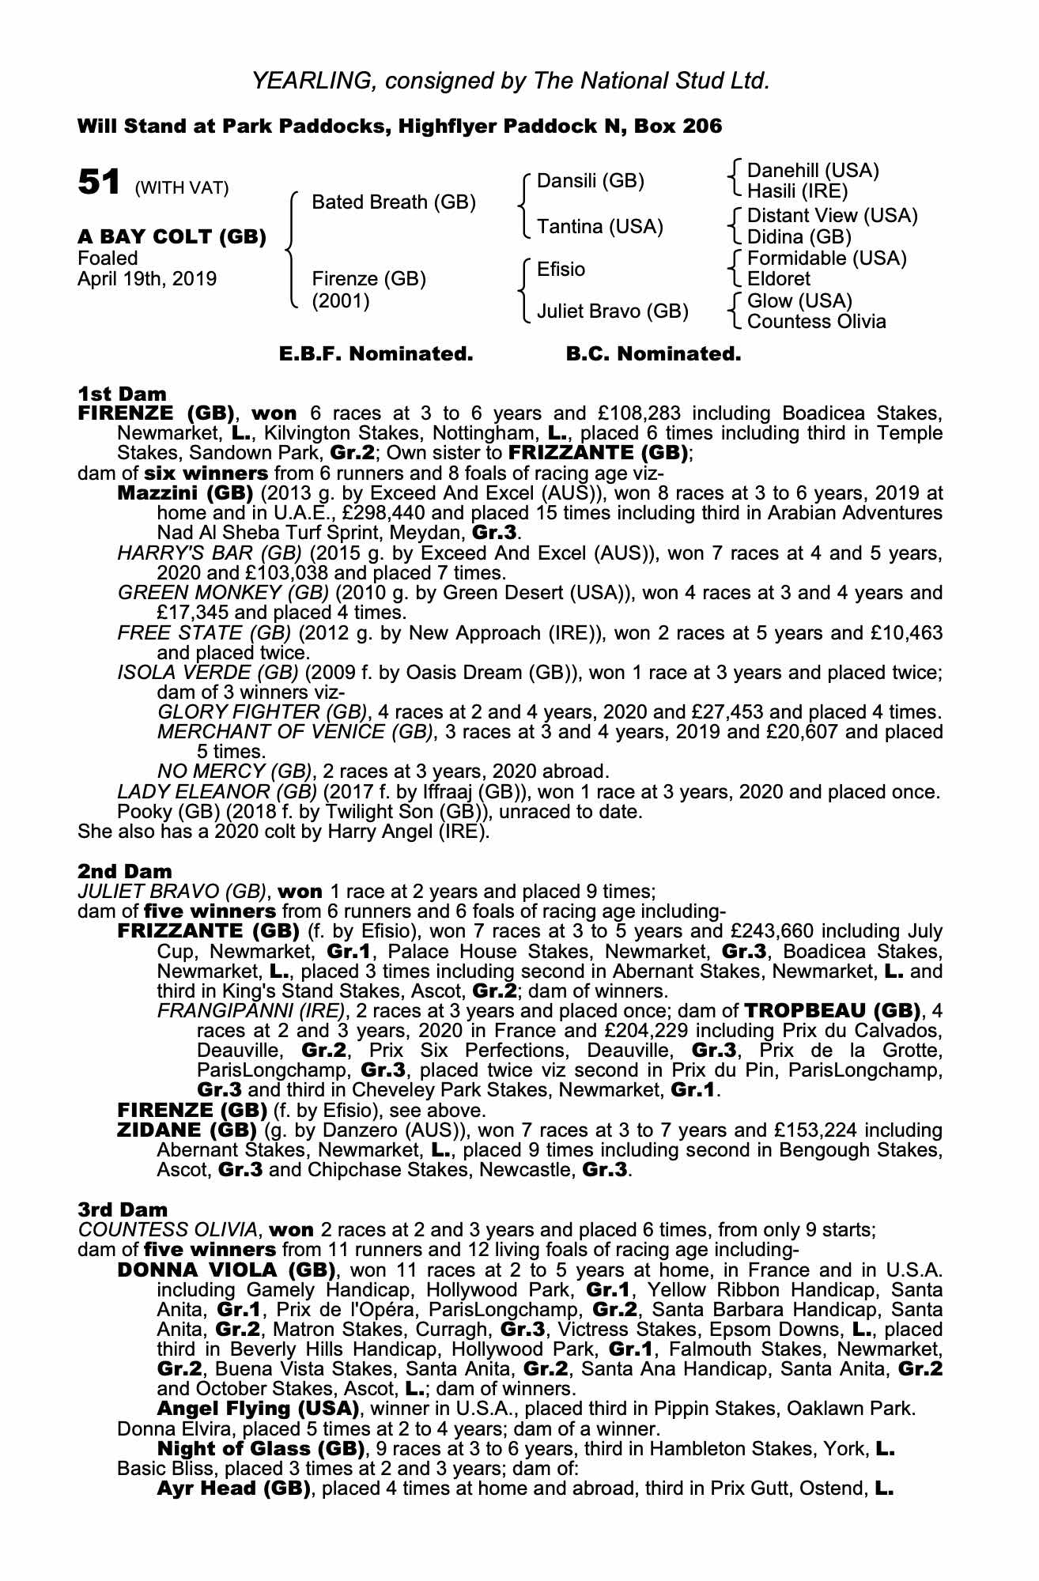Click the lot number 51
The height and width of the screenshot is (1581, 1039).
coord(99,183)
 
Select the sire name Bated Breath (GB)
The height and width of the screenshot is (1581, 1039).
coord(394,202)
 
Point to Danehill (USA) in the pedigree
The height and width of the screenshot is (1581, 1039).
coord(813,171)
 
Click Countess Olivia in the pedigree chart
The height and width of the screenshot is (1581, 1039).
coord(816,322)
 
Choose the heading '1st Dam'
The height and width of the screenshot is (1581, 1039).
coord(122,393)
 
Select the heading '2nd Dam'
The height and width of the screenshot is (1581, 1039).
coord(124,871)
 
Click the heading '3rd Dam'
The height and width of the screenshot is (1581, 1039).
coord(123,1209)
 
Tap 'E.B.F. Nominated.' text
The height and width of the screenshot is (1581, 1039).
coord(376,354)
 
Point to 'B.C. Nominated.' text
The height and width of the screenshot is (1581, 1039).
coord(653,354)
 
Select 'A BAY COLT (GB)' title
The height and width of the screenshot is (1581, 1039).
coord(172,237)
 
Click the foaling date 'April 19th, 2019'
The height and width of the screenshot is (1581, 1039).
coord(147,279)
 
